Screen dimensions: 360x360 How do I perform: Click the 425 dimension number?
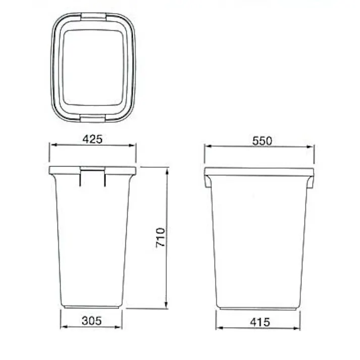point(92,139)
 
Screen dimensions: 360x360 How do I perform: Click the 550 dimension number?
point(262,141)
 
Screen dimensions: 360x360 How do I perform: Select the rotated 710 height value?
point(161,238)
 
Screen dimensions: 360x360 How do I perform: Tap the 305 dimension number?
point(91,320)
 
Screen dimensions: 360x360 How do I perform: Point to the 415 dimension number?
point(259,321)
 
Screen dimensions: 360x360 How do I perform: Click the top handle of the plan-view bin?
point(93,16)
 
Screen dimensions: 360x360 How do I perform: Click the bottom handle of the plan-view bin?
point(93,118)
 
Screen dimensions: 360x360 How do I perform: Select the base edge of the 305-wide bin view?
point(91,306)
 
